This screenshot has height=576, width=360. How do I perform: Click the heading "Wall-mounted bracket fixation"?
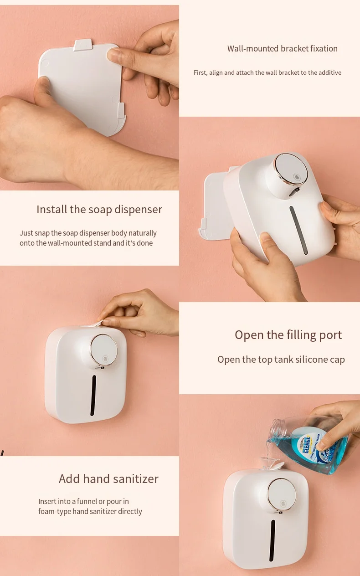(282, 49)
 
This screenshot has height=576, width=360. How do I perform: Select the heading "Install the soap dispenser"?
(99, 210)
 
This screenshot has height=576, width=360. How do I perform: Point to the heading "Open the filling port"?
(288, 335)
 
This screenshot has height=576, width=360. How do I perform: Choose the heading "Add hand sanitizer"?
(108, 479)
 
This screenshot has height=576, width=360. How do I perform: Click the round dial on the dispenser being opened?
(104, 350)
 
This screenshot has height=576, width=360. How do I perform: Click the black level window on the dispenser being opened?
(93, 395)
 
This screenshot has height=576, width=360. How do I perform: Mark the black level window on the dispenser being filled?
(273, 540)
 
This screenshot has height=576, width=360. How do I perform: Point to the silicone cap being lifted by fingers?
(98, 323)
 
